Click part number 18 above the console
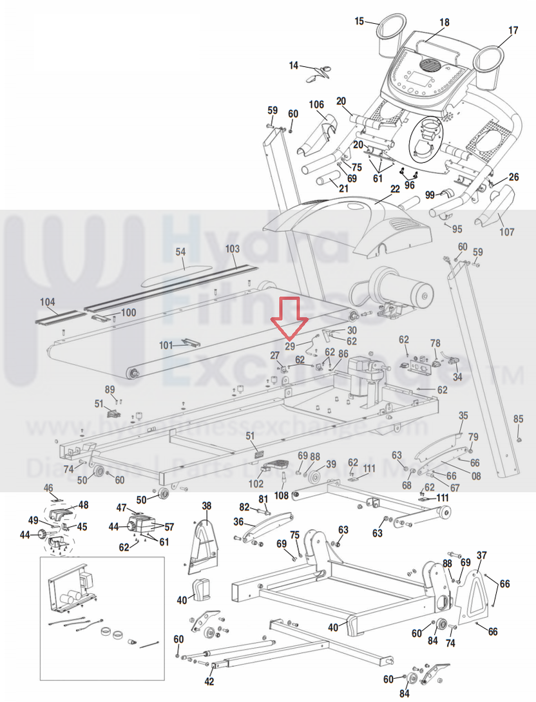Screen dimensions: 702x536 click(x=445, y=23)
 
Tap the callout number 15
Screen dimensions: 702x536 click(x=359, y=21)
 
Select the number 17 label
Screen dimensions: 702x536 click(x=513, y=30)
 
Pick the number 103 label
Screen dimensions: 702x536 click(x=232, y=249)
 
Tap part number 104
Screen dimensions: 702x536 click(x=47, y=301)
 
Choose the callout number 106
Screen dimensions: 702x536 click(x=316, y=105)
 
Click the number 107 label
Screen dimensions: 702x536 click(x=507, y=232)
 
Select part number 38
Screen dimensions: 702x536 click(x=206, y=506)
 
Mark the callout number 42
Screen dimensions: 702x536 click(x=209, y=681)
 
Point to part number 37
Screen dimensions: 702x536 click(x=481, y=555)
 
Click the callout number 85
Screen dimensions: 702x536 click(x=519, y=419)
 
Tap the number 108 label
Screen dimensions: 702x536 click(x=282, y=496)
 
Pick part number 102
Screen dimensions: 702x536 click(x=256, y=483)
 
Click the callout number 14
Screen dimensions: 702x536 click(x=294, y=66)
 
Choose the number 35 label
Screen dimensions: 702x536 click(x=463, y=415)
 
